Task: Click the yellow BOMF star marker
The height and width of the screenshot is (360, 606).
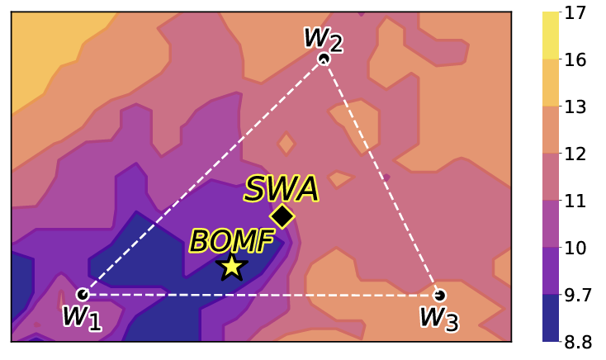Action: tap(231, 267)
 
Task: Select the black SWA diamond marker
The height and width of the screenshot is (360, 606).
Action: tap(282, 216)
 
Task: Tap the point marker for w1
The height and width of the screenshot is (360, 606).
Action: tap(83, 295)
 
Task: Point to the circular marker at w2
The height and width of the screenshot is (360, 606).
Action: tap(324, 59)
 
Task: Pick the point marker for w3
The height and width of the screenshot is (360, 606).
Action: tap(439, 296)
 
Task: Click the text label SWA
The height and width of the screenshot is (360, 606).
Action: tap(282, 189)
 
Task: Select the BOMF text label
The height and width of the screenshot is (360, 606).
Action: tap(232, 240)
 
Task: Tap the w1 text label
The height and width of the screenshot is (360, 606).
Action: tap(82, 318)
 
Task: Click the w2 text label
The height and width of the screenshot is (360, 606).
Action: tap(323, 40)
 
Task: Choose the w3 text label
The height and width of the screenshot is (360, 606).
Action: tap(439, 319)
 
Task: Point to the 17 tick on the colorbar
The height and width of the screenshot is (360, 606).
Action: tap(575, 12)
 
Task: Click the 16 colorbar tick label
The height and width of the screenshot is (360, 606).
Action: tap(575, 59)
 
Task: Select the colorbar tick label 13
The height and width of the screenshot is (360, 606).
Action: tap(575, 107)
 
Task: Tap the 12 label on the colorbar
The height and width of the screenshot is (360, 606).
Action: tap(575, 154)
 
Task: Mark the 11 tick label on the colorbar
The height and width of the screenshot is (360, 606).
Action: tap(575, 201)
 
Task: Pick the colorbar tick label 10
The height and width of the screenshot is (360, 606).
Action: tap(575, 248)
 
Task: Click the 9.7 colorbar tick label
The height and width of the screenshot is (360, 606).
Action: tap(578, 295)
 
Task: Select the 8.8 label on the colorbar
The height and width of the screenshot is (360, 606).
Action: tap(578, 342)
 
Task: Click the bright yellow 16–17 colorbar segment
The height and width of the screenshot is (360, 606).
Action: tap(551, 36)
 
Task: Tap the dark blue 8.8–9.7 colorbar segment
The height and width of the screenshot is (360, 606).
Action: tap(551, 318)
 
